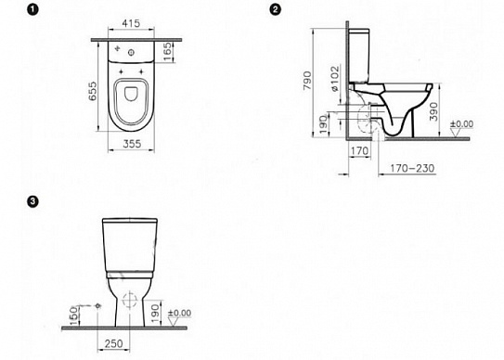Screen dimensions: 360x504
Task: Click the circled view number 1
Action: click(x=11, y=11)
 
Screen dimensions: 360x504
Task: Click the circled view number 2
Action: click(x=275, y=10)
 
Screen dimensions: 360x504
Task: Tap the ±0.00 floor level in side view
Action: click(x=460, y=123)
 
